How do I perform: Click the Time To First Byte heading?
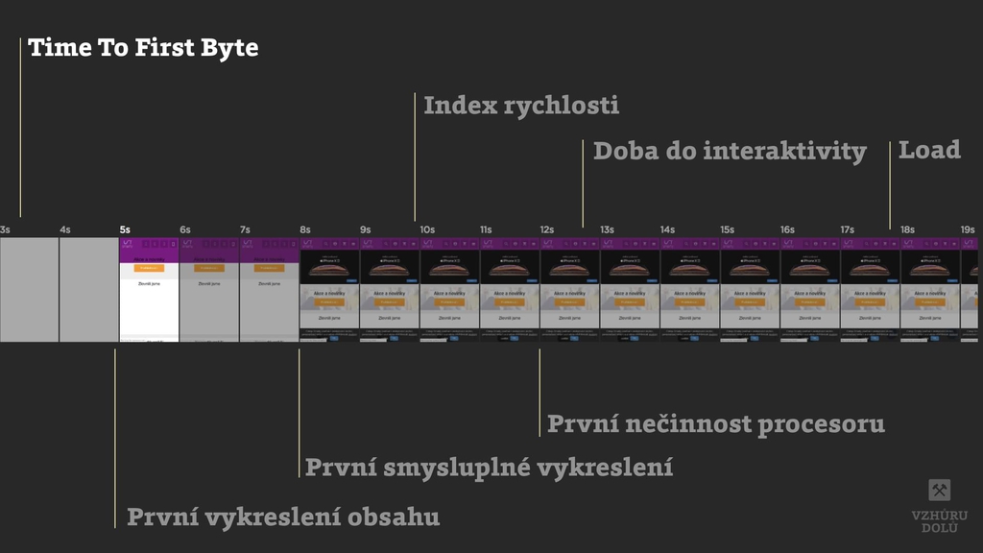tap(143, 48)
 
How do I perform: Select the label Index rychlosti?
tap(521, 106)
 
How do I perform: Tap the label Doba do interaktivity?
tap(730, 152)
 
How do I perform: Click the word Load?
tap(929, 151)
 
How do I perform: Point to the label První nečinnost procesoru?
tap(715, 423)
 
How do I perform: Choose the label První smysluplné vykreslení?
tap(489, 468)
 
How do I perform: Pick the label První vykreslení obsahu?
tap(283, 517)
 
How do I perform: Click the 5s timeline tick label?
tap(125, 230)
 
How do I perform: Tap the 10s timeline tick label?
tap(427, 230)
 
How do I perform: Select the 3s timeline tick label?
tap(6, 230)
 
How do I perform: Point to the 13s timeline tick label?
tap(607, 230)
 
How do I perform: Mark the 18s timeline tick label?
tap(907, 230)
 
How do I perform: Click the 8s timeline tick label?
tap(305, 230)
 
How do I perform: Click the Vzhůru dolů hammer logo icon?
tap(940, 491)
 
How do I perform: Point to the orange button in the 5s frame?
tap(149, 268)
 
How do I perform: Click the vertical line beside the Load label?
tap(890, 182)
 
